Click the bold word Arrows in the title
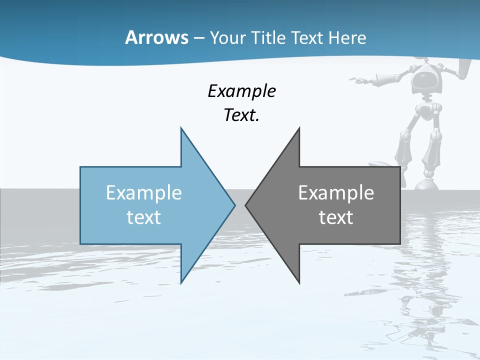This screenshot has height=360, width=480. [x=156, y=37]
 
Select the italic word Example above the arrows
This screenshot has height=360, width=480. [x=241, y=91]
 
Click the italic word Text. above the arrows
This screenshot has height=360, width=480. [x=241, y=115]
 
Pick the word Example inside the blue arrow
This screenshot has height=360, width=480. [x=143, y=193]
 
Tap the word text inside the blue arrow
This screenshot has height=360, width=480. [x=143, y=217]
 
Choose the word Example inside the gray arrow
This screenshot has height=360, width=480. [x=336, y=193]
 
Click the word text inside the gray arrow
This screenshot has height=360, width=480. [x=336, y=217]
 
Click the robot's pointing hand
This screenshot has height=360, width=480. [x=356, y=79]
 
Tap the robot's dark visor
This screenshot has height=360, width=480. [x=425, y=80]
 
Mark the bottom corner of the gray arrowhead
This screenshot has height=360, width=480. [x=299, y=282]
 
